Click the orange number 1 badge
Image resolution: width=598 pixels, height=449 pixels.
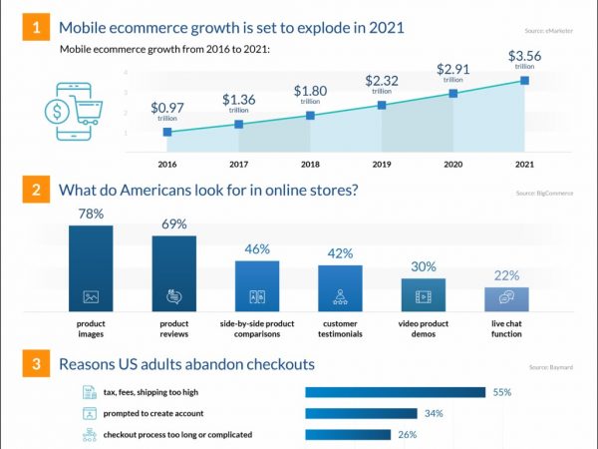click(x=37, y=28)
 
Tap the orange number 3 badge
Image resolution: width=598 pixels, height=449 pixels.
click(x=37, y=364)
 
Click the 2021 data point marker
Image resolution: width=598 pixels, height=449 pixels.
click(x=524, y=80)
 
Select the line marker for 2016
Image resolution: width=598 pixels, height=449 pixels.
click(x=167, y=132)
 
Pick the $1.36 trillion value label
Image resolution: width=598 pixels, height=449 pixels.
click(x=238, y=103)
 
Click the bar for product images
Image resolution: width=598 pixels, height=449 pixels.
click(x=91, y=267)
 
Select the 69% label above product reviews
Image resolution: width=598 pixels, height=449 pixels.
click(x=173, y=224)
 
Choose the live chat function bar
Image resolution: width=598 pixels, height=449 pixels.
click(x=506, y=297)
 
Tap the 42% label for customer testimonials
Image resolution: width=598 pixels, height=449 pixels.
click(x=340, y=253)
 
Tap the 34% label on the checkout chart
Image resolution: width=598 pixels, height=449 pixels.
click(x=434, y=413)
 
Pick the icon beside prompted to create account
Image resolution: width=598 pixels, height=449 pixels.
click(x=89, y=413)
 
